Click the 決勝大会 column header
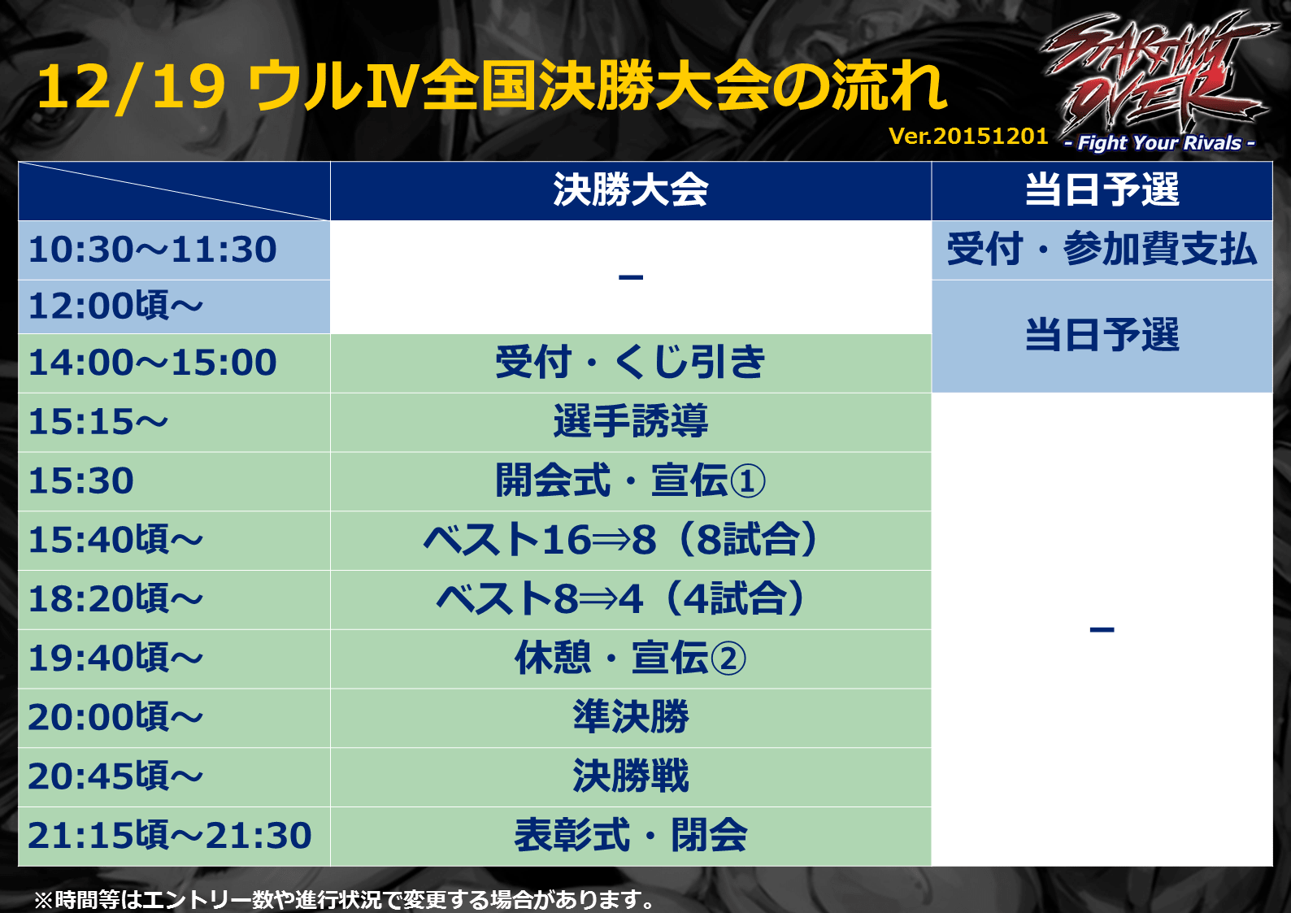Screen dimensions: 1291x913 click(x=631, y=190)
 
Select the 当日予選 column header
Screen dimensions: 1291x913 click(x=1102, y=190)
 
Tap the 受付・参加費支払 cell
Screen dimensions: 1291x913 click(x=1102, y=250)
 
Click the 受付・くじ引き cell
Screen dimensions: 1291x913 click(x=631, y=363)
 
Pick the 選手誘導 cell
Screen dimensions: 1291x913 click(x=631, y=421)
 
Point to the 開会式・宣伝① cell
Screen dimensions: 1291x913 click(x=631, y=480)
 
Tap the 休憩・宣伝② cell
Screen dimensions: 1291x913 click(x=631, y=658)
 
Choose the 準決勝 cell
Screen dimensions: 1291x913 click(x=631, y=717)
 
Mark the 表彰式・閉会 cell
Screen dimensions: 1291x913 click(x=631, y=835)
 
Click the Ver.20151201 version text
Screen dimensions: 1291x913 click(x=968, y=137)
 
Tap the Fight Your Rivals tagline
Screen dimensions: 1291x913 click(x=1159, y=143)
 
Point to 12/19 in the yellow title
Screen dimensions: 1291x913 click(x=131, y=88)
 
